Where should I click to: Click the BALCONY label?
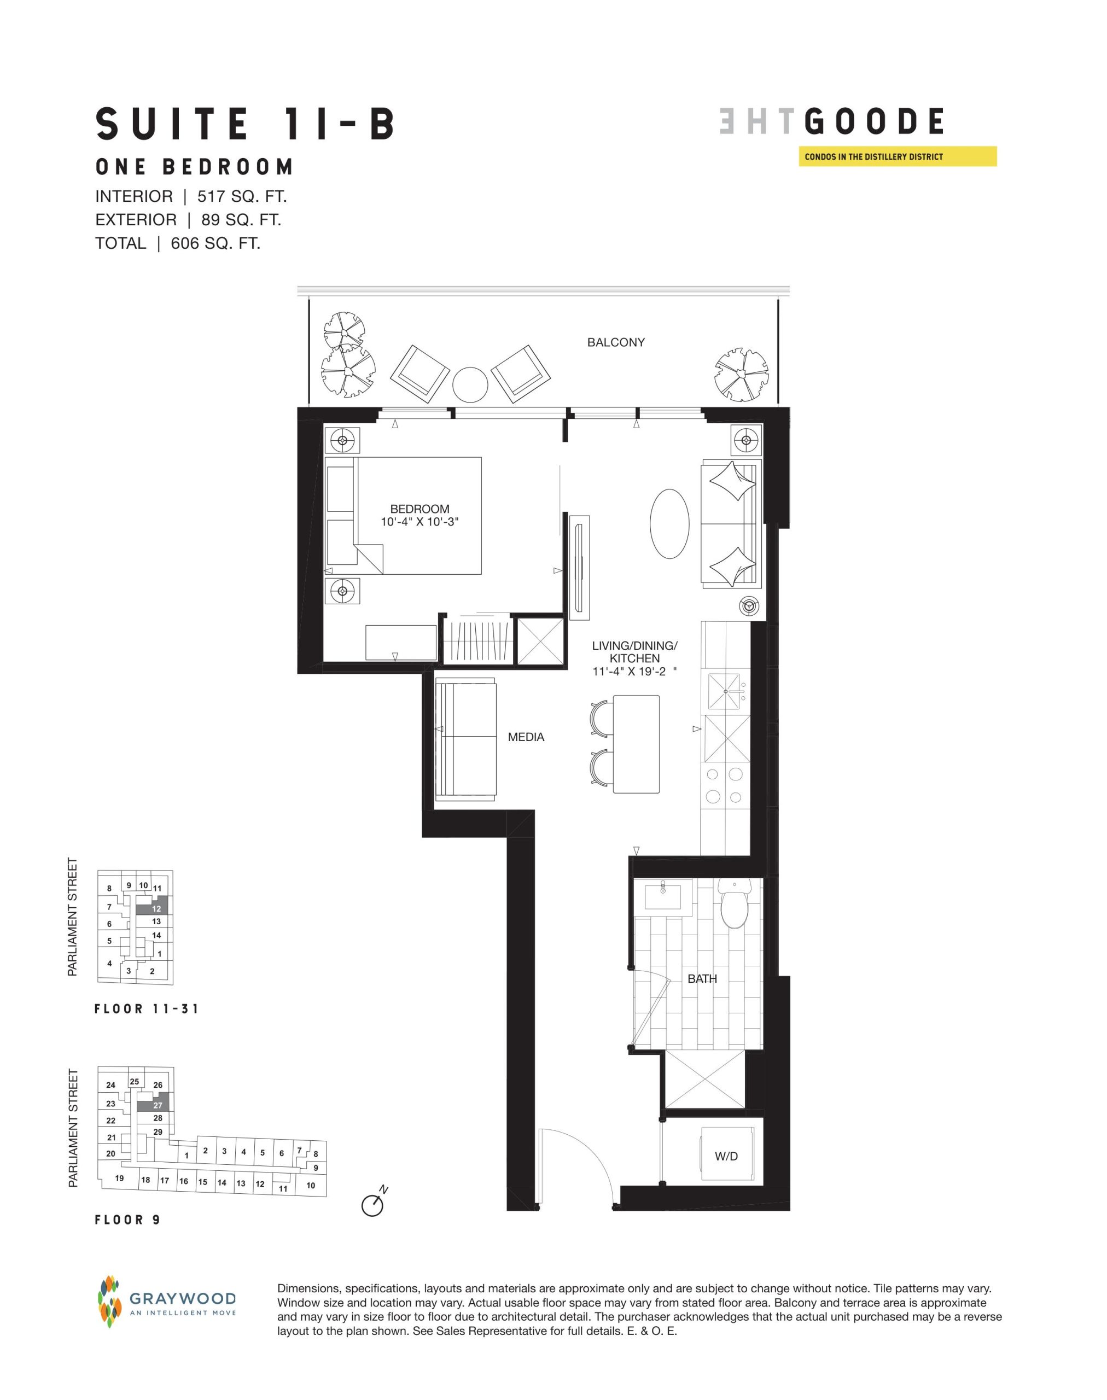click(616, 342)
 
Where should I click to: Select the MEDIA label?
click(526, 737)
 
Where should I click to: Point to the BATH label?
click(702, 979)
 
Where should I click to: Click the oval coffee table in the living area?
click(669, 522)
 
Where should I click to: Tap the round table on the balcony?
click(470, 384)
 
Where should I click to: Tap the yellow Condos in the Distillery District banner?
click(897, 157)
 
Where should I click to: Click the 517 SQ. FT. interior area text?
click(242, 196)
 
